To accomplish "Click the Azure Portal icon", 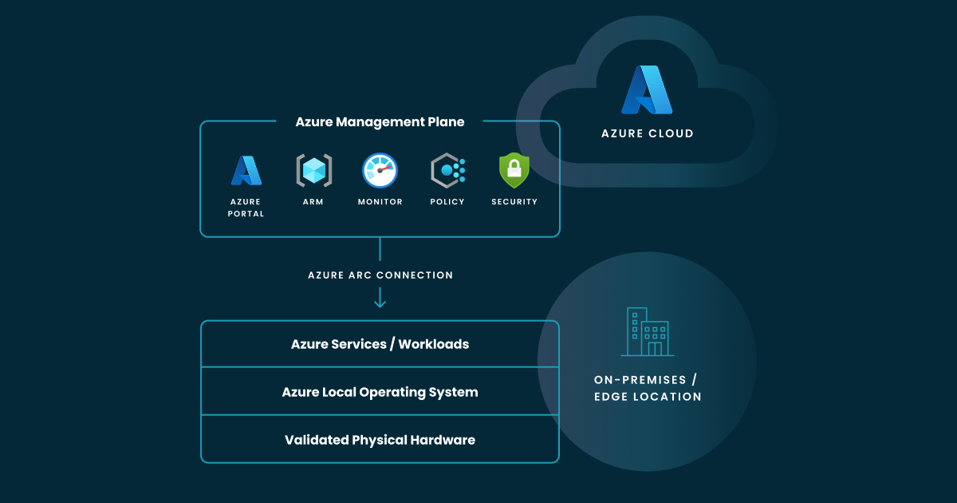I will point(246,170).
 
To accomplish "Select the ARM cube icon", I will point(313,170).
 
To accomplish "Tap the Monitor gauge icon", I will point(380,170).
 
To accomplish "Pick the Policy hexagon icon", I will point(447,170).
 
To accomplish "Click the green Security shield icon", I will point(514,170).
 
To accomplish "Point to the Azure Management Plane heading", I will point(380,122).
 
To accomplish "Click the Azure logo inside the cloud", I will point(647,90).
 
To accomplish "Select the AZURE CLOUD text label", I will point(647,133).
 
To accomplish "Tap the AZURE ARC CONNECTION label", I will point(380,275).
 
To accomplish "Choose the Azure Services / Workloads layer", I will point(380,344).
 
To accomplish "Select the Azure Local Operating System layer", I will point(380,392).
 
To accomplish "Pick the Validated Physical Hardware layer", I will point(380,440).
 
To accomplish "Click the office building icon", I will point(647,331).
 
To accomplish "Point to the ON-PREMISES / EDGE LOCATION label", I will point(647,388).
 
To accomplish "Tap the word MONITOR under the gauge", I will point(380,202).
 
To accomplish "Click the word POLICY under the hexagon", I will point(447,202).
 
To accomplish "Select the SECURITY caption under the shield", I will point(514,202).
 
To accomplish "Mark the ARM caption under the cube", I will point(313,202).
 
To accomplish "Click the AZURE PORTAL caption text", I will point(246,208).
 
